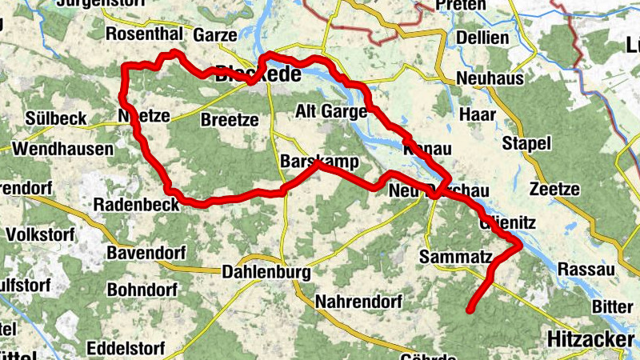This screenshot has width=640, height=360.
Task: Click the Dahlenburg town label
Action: point(266,272)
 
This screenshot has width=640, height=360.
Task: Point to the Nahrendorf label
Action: point(354,302)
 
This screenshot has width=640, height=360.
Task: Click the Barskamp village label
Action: point(319,161)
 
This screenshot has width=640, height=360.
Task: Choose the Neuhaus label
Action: point(490,78)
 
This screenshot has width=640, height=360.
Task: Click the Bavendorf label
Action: point(146,253)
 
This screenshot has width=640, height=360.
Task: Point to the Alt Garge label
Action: point(331,110)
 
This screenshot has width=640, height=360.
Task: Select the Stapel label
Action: point(527,144)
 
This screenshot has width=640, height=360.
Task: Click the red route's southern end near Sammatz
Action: point(470,308)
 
